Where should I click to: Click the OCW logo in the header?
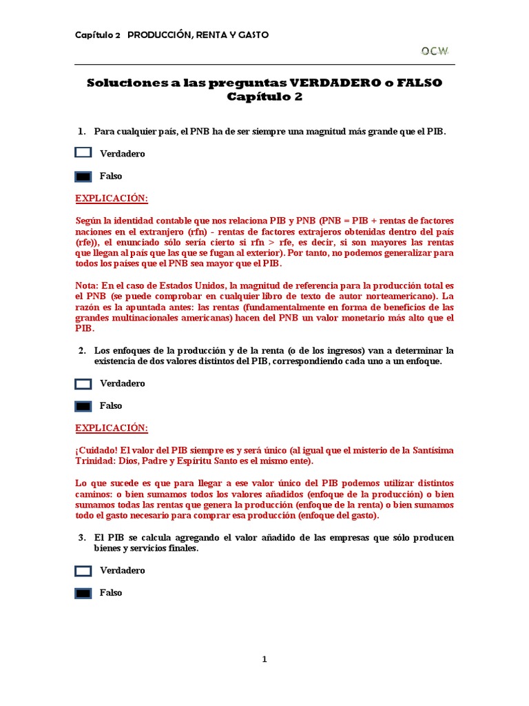pos(435,50)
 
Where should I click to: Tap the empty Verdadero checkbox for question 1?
pos(83,153)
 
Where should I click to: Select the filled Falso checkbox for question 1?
pos(83,176)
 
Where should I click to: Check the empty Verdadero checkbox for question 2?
pos(83,383)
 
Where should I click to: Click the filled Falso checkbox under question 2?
pos(83,406)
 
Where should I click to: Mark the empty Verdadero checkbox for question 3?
pos(83,570)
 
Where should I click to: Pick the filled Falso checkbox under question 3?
pos(83,593)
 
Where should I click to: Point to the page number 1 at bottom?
pos(264,659)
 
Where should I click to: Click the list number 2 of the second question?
pos(81,350)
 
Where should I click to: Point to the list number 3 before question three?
pos(81,537)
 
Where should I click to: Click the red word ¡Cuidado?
pos(96,450)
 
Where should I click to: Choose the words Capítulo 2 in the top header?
pos(97,34)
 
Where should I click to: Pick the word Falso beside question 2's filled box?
pos(111,406)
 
